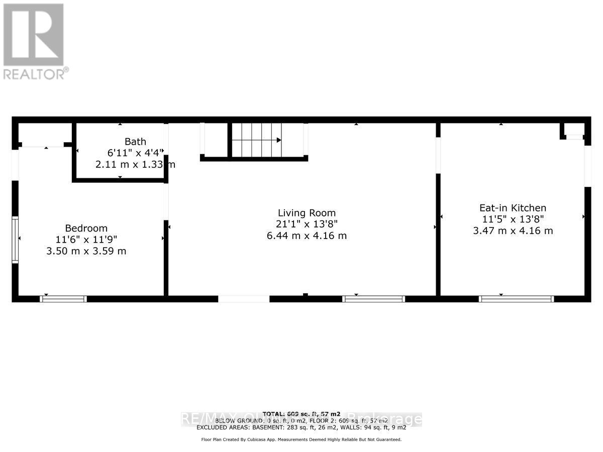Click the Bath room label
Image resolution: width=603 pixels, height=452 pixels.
point(135,142)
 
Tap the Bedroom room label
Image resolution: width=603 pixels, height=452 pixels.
point(86,228)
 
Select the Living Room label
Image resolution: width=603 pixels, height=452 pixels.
point(307,213)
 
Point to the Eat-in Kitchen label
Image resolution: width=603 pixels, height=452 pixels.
point(513,208)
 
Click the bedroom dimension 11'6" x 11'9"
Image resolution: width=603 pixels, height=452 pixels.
point(86,240)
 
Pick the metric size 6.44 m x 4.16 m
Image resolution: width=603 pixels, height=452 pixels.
point(307,236)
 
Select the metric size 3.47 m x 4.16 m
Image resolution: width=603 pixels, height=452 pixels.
point(513,231)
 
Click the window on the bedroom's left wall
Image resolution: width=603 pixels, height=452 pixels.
point(15,240)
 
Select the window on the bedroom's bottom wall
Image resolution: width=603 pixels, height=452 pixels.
point(63,299)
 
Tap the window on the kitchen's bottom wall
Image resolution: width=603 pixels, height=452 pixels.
point(516,299)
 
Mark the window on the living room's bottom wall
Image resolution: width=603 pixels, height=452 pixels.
point(373,299)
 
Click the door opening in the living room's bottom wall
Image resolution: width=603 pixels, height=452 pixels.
point(244,299)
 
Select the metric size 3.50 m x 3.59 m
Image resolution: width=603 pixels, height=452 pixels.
point(86,251)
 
